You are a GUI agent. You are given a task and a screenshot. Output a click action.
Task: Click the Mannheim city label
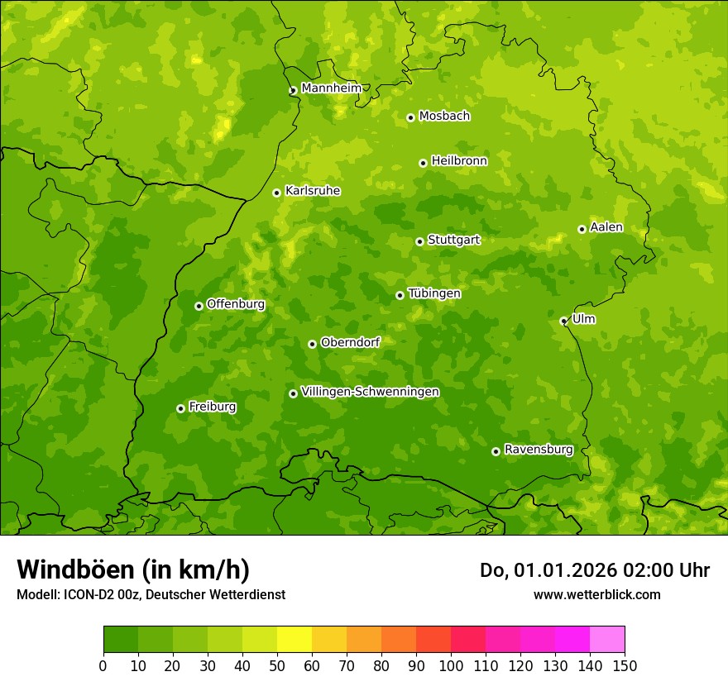point(331,88)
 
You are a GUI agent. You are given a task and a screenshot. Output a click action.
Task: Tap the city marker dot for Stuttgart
point(419,241)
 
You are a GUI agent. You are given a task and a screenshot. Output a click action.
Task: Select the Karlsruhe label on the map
point(312,191)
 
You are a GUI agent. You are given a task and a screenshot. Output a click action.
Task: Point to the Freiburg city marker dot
point(180,408)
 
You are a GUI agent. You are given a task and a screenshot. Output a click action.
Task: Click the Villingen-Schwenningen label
point(370,392)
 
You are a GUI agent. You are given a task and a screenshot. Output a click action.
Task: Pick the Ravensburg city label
point(538,450)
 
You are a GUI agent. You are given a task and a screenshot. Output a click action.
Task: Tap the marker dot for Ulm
point(563,321)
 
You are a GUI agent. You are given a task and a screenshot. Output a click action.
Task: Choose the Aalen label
point(606,227)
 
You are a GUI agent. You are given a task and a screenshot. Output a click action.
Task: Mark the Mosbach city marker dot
point(410,117)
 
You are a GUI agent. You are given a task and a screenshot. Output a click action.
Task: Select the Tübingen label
point(433,293)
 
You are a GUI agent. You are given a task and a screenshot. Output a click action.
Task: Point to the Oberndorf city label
point(350,342)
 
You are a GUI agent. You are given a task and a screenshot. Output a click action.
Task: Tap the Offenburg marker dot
point(199,306)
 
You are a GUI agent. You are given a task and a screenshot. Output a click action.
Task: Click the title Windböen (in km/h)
point(132,569)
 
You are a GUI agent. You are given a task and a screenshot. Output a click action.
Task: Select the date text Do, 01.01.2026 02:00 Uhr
point(594,570)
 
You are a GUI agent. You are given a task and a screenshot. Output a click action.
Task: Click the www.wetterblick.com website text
point(596,594)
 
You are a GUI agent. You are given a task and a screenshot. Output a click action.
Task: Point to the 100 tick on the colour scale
point(451,665)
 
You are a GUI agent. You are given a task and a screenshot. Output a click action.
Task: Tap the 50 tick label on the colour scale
point(277,665)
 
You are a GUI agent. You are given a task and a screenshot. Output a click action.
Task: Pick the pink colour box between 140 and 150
point(607,640)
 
